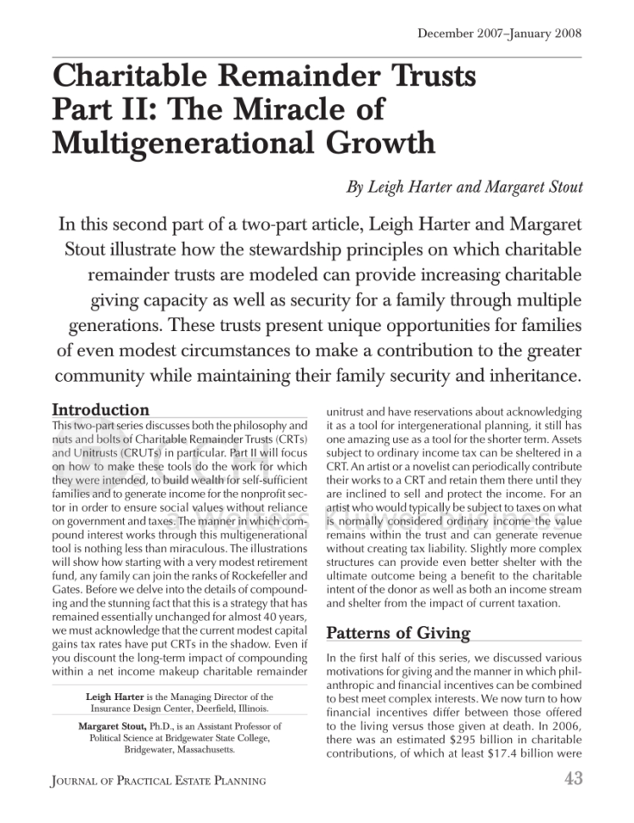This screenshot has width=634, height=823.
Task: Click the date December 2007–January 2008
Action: coord(500,34)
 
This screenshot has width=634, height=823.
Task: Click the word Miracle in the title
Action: coord(325,109)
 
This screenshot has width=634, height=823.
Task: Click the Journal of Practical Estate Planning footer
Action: coord(158,780)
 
